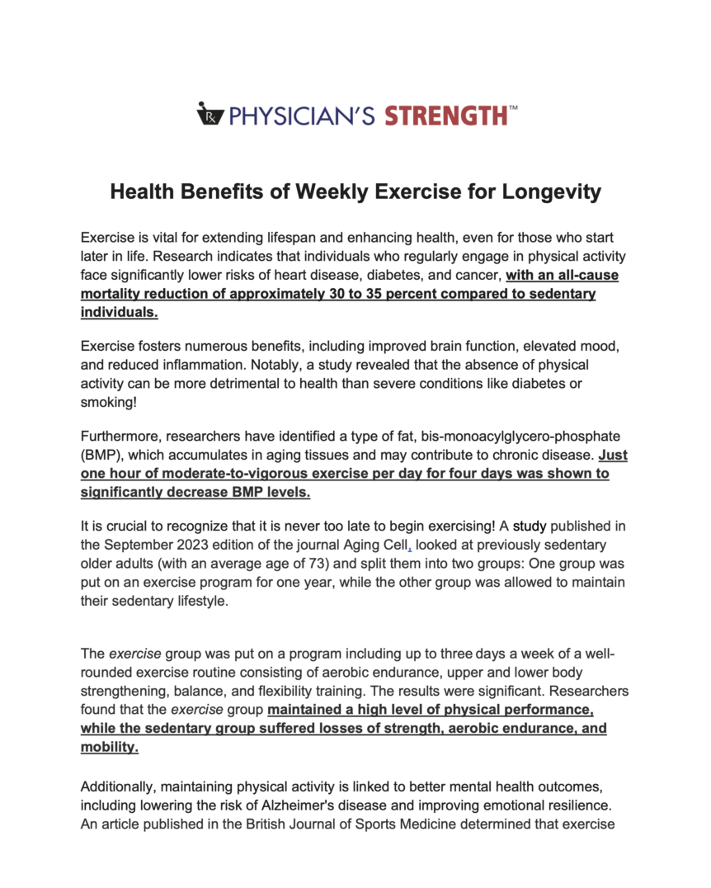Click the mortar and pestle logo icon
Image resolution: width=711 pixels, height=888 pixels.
point(210,113)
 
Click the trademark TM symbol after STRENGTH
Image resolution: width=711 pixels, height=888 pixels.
point(514,107)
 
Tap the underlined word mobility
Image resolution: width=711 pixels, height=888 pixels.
point(109,747)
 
